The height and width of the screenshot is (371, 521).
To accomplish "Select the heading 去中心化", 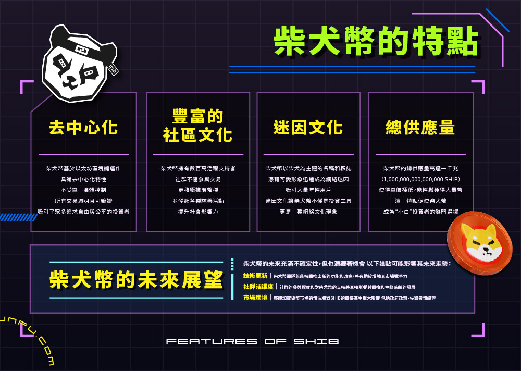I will [83, 128].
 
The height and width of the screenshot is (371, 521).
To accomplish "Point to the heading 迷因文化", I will [308, 128].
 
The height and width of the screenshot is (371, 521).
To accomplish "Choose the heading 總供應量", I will [420, 128].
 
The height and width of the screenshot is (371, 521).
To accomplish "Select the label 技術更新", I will [255, 275].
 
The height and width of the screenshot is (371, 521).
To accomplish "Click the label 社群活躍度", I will [258, 287].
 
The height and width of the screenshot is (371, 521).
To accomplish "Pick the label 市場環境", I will [255, 298].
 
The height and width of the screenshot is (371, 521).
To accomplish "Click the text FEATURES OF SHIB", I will [253, 342].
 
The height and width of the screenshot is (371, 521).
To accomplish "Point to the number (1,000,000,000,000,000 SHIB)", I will [420, 179].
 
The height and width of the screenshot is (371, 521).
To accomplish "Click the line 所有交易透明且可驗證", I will [83, 201].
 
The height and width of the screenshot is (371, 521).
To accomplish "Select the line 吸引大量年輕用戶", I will [308, 190].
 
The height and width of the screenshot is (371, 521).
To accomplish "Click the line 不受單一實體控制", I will [83, 190].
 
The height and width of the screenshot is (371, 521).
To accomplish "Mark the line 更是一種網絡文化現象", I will [308, 212].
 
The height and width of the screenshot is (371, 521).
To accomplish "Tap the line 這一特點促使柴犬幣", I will [420, 201].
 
